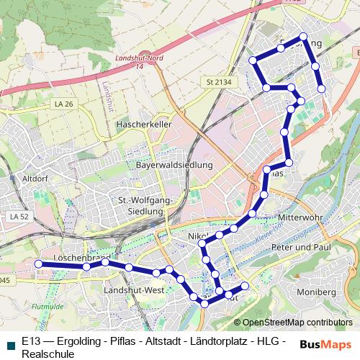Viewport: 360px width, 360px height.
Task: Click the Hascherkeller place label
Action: point(144,125)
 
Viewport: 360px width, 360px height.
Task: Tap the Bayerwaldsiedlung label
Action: point(174,165)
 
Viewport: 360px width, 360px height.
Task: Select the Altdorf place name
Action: point(35,178)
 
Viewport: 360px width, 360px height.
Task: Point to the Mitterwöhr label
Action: point(301,217)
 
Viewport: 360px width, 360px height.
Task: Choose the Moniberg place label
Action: point(316,292)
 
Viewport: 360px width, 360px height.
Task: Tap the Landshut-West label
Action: point(134,289)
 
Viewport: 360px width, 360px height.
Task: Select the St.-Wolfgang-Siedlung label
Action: point(141,205)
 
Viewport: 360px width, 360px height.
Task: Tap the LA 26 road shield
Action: point(63,104)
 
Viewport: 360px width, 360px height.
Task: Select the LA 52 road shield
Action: point(19,216)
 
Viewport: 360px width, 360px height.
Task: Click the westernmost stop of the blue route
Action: point(38,264)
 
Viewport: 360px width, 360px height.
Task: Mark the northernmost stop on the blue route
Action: point(303,36)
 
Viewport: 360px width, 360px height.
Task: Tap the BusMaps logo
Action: point(326,345)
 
